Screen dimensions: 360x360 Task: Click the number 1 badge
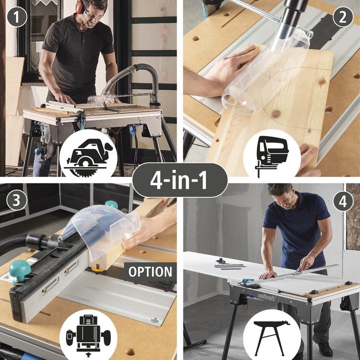click(x=17, y=17)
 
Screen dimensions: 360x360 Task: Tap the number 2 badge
click(x=342, y=17)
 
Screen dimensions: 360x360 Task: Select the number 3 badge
click(x=17, y=200)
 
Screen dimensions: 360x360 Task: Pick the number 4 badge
click(x=342, y=201)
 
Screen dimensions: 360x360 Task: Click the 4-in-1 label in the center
click(x=180, y=180)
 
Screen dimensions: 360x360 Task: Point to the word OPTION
click(x=150, y=272)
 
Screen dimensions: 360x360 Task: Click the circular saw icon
click(x=88, y=157)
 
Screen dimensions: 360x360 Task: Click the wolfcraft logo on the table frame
click(x=266, y=296)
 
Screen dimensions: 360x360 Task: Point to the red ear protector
click(x=80, y=7)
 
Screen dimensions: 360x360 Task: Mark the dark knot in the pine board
click(x=275, y=113)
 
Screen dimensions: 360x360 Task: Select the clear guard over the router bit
click(x=101, y=229)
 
